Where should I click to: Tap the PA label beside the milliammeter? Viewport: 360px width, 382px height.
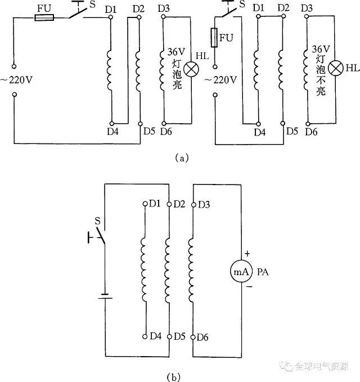tap(264, 272)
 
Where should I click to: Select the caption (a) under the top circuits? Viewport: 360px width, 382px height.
tap(181, 159)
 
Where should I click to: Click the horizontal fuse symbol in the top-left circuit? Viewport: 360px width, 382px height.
tap(44, 17)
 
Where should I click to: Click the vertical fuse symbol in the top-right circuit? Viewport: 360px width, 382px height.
tap(214, 39)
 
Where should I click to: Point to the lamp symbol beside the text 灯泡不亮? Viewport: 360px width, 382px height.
tap(336, 68)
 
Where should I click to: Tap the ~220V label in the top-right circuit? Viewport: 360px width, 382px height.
tap(220, 80)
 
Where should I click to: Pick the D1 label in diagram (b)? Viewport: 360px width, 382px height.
tap(155, 203)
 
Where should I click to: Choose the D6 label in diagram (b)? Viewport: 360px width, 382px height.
tap(204, 336)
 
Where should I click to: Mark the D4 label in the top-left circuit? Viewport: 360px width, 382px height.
tap(112, 133)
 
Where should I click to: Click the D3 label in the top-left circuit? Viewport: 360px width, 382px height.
tap(164, 8)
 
